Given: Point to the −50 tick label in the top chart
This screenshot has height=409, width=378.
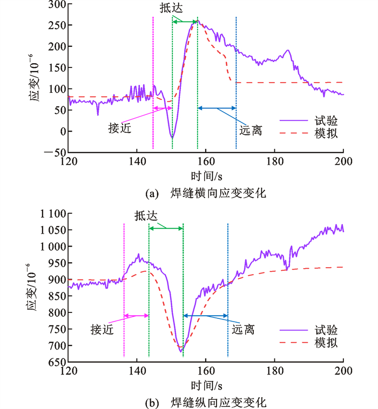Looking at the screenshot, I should point(53,153).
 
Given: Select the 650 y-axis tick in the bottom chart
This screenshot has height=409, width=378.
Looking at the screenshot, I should point(55,362).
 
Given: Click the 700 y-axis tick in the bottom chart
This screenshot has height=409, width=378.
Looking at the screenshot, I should point(55,345).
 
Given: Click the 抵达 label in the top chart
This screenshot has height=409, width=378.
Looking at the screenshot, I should point(170,9).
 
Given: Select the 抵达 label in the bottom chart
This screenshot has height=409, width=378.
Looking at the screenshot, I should point(147,216).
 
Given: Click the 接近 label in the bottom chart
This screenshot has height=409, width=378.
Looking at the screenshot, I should point(102,330).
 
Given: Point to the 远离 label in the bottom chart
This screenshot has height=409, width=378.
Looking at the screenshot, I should point(244,329).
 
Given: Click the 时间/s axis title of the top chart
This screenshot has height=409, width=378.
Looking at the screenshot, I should point(206,176).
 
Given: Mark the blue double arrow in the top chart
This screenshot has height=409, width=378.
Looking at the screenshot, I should point(217,108).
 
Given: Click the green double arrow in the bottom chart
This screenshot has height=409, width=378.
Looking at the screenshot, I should point(166,229).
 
